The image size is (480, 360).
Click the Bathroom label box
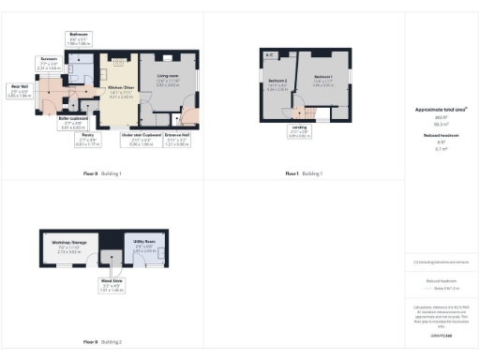80,40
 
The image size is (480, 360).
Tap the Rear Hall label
20,92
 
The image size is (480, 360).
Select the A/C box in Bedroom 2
270,55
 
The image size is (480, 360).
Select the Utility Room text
143,247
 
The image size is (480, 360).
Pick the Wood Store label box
112,286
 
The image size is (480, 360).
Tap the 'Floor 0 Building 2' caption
102,342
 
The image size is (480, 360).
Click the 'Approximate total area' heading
441,110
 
